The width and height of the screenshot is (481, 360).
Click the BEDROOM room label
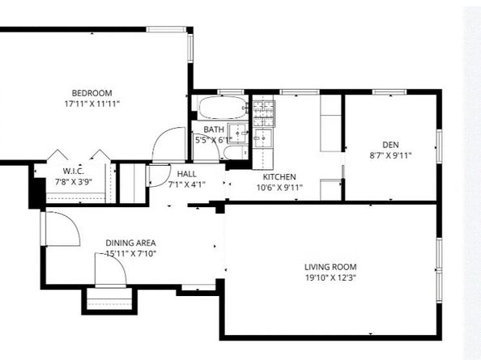pos(92,93)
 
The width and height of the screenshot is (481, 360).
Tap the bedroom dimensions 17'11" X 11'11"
pos(92,104)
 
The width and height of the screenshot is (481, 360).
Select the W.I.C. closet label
pos(74,171)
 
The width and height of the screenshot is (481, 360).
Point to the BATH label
pos(214,129)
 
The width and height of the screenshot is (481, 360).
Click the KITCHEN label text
pos(279,176)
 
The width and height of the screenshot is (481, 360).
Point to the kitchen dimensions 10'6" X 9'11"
pos(279,188)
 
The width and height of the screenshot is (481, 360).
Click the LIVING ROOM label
pos(330,267)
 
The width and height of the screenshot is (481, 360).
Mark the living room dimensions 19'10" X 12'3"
pos(330,278)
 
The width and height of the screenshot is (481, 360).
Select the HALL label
pos(186,172)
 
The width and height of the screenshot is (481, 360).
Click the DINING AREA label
pos(130,243)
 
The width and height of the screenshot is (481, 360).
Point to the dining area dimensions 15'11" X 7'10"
pos(130,254)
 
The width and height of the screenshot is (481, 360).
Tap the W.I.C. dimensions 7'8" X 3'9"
pos(74,182)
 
